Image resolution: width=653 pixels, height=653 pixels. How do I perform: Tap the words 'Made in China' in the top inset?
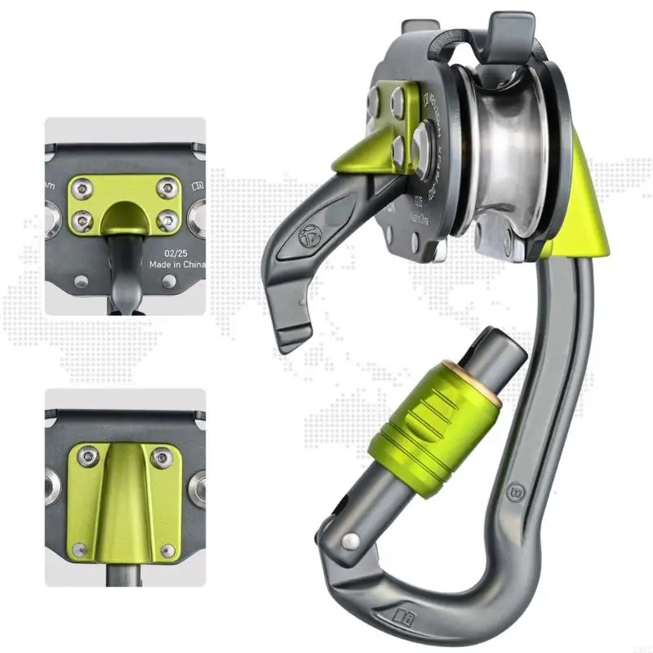tap(177, 265)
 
